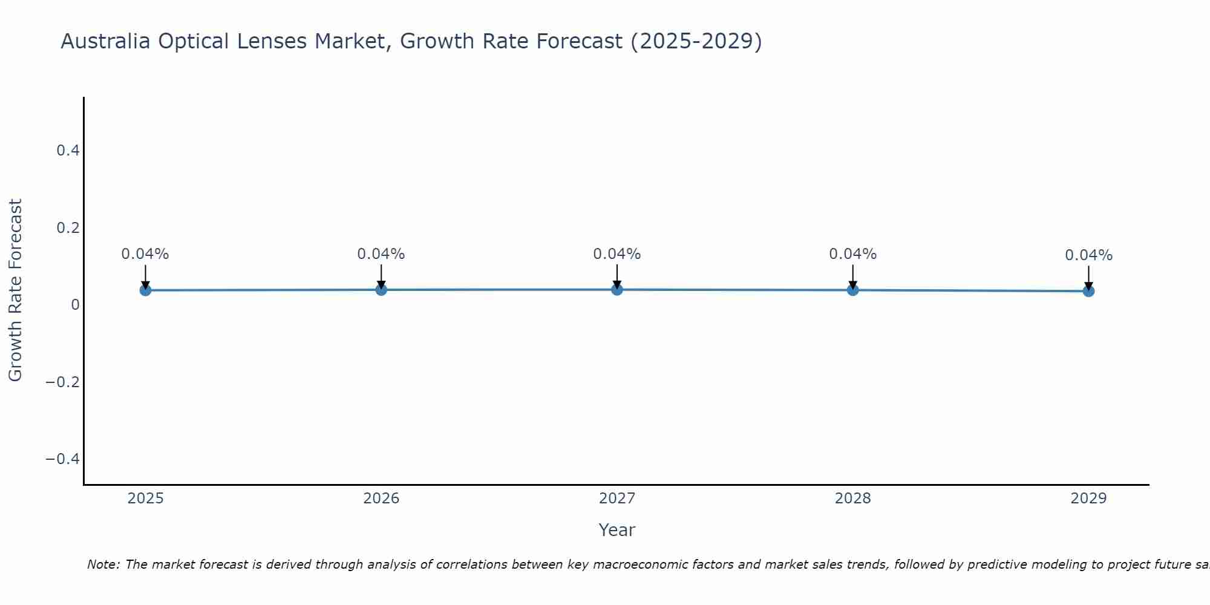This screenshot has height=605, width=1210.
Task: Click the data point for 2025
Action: click(x=145, y=290)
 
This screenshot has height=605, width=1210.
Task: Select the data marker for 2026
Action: click(x=381, y=289)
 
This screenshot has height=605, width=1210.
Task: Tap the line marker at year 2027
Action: click(x=617, y=289)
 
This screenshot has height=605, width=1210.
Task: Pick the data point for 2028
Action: click(x=852, y=289)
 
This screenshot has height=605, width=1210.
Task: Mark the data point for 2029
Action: click(x=1088, y=291)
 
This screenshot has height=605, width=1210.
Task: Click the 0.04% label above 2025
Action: click(x=145, y=254)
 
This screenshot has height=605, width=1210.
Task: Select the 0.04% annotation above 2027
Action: click(x=617, y=254)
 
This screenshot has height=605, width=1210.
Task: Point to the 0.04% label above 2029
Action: click(x=1088, y=255)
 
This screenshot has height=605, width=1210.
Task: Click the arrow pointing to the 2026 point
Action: click(x=381, y=276)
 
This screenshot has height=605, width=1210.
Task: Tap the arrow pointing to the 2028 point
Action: click(x=852, y=276)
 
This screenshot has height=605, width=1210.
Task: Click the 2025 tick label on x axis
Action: click(x=145, y=499)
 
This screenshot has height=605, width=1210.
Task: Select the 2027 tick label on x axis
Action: click(x=617, y=499)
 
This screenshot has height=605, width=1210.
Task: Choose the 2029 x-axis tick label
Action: click(x=1088, y=499)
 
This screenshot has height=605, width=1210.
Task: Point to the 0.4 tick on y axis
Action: click(x=68, y=151)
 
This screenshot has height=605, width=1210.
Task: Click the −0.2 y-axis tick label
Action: click(x=63, y=382)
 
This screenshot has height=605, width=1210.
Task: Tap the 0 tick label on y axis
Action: click(x=75, y=305)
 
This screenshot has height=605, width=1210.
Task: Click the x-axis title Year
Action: click(x=616, y=530)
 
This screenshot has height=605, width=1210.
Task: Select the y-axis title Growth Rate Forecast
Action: click(x=16, y=290)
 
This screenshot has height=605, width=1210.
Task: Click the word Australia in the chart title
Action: click(x=106, y=41)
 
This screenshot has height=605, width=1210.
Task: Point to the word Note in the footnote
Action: click(x=103, y=564)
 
